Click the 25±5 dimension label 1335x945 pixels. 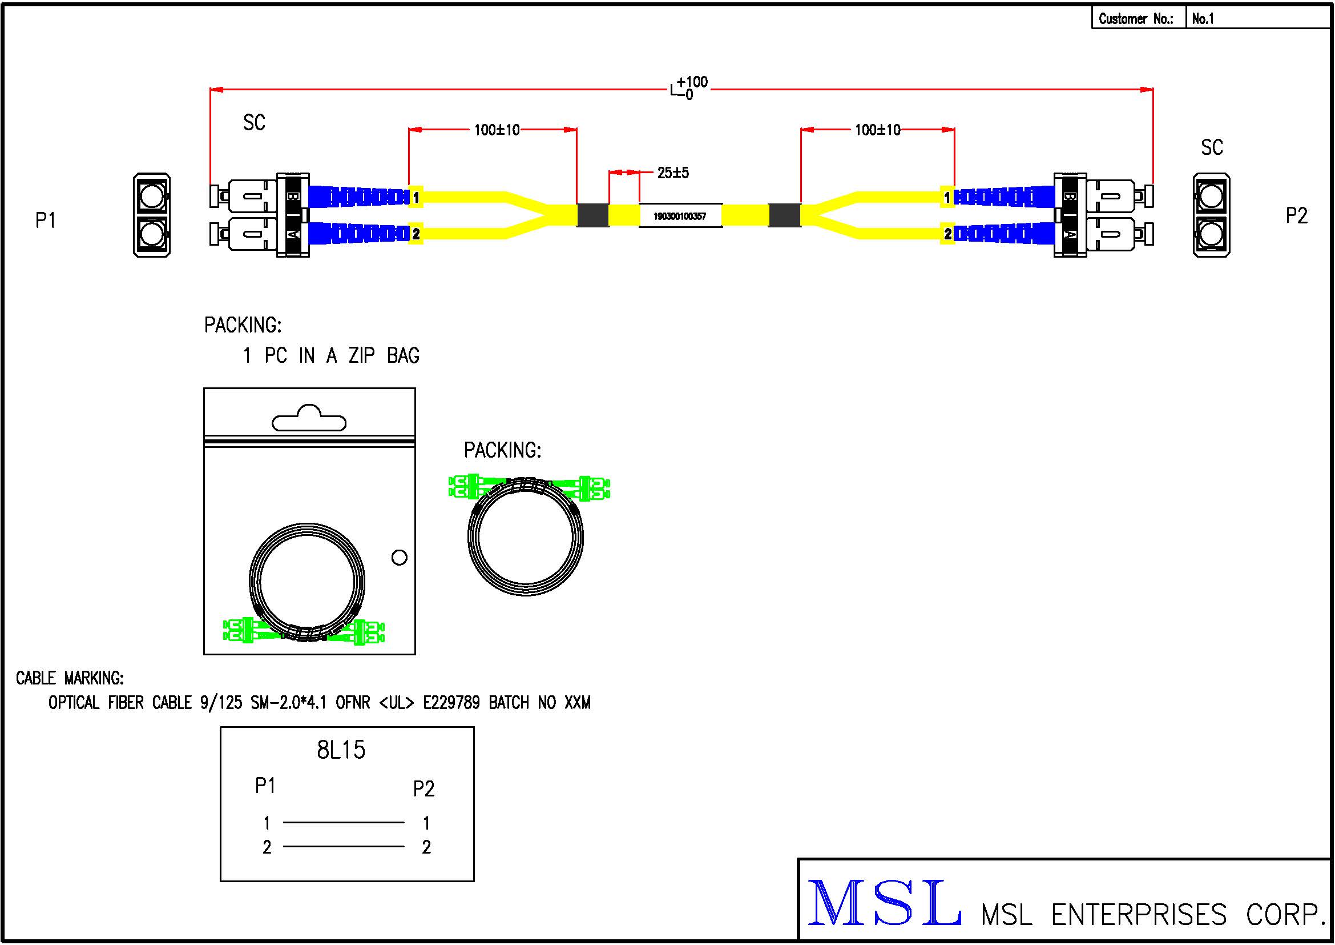tap(673, 173)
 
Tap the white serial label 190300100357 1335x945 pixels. tap(680, 216)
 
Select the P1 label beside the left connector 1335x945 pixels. tap(45, 221)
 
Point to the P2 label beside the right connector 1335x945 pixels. tap(1296, 216)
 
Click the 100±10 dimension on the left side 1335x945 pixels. tap(497, 130)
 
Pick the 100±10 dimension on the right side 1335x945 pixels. tap(877, 130)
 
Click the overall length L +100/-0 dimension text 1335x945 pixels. tap(689, 88)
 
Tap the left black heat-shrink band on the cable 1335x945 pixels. tap(592, 215)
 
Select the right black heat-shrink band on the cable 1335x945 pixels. tap(784, 215)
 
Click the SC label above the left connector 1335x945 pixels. tap(254, 122)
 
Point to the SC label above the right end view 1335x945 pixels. tap(1212, 147)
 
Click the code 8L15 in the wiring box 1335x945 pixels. tap(341, 750)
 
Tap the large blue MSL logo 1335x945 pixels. tap(884, 903)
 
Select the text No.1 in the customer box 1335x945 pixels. tap(1203, 19)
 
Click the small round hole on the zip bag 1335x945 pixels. tap(399, 558)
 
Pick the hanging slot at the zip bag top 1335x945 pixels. tap(309, 419)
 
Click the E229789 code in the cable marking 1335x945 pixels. tap(451, 703)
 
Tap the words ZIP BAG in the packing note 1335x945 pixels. tap(384, 355)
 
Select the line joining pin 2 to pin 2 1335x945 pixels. tap(343, 847)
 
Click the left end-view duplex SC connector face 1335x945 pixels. tap(152, 215)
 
